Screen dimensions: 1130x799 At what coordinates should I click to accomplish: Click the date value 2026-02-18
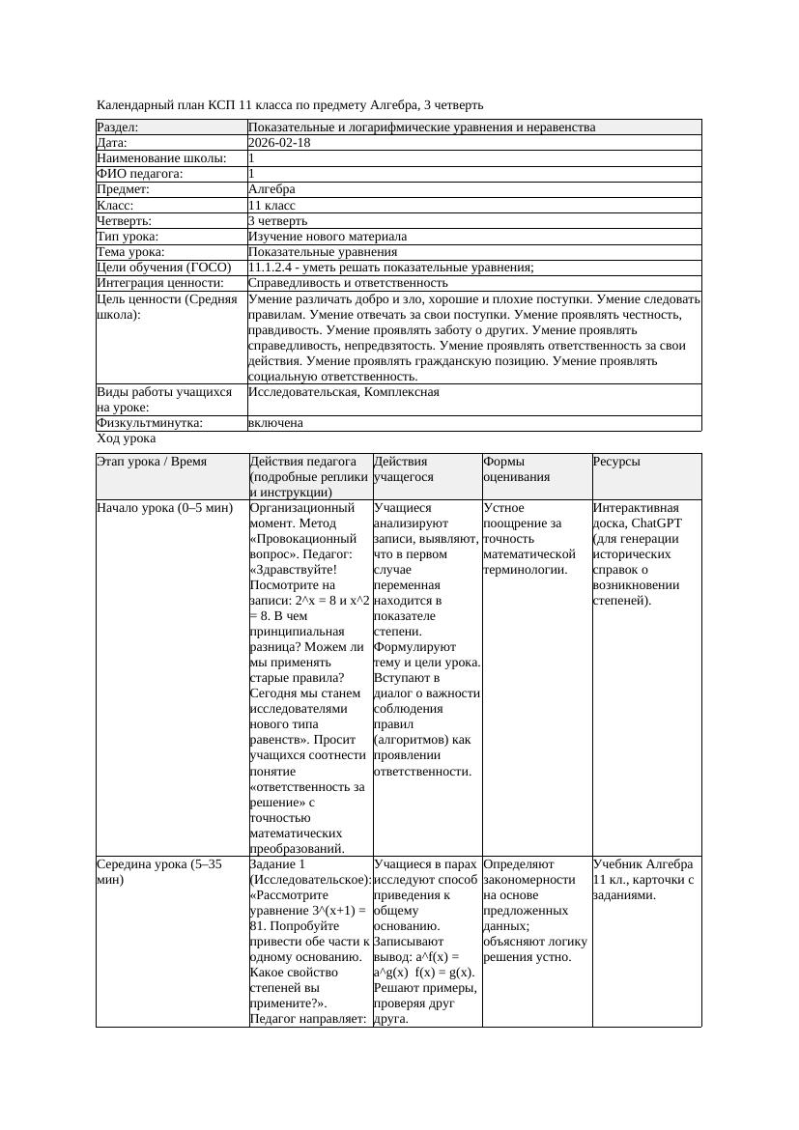coord(279,143)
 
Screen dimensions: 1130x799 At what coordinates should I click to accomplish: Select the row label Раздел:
coord(118,127)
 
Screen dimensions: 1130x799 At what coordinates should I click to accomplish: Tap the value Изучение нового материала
coord(327,237)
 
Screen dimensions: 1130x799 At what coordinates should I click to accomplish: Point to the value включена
coord(275,423)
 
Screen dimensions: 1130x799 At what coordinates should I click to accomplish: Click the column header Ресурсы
coord(615,462)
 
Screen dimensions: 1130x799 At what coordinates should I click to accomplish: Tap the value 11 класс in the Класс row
coord(271,206)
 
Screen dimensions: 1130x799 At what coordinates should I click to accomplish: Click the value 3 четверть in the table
coord(277,221)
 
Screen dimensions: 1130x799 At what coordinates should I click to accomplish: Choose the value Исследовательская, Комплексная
coord(343,392)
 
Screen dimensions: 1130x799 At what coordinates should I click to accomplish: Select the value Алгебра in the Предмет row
coord(271,189)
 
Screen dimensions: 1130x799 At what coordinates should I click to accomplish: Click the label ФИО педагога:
coord(140,174)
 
